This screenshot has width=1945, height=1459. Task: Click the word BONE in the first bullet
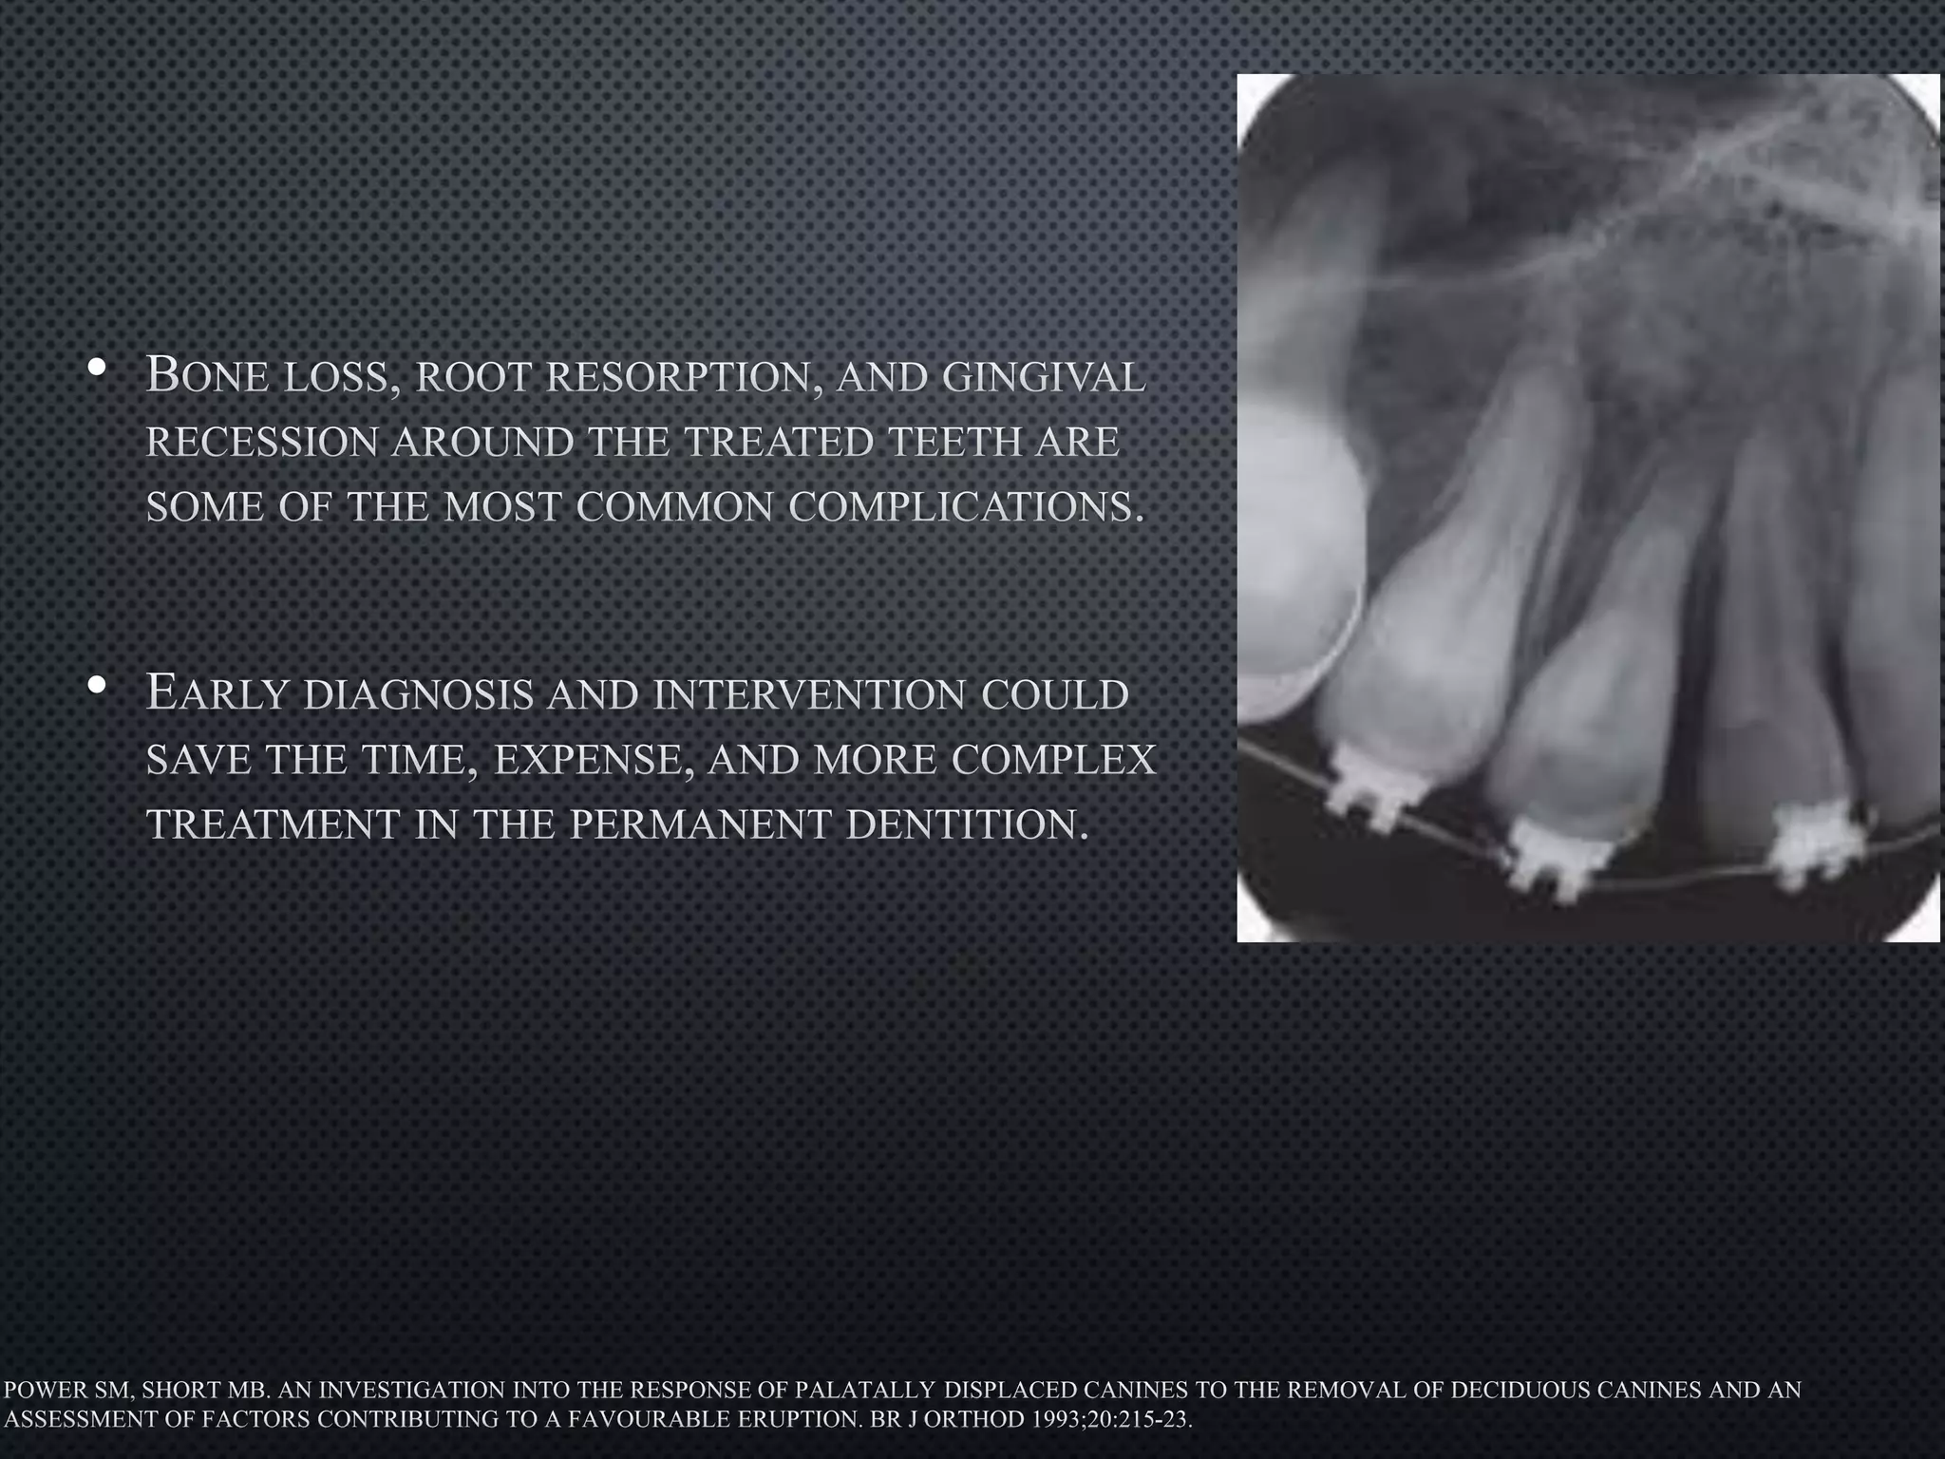(203, 376)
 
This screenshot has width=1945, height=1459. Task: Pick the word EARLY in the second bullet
(217, 693)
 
